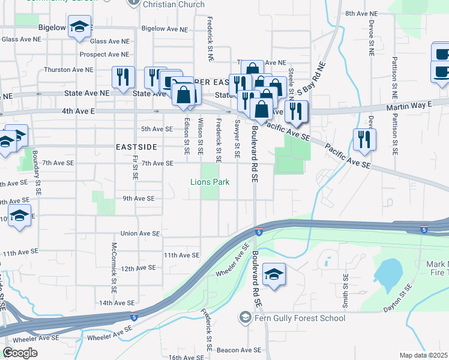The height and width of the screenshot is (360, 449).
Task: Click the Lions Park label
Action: pyautogui.click(x=210, y=182)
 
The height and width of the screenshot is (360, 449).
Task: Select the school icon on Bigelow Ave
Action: pyautogui.click(x=79, y=28)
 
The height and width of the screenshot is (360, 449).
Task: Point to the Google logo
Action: pyautogui.click(x=20, y=352)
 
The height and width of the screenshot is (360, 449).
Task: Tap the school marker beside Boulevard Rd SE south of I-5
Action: pyautogui.click(x=274, y=275)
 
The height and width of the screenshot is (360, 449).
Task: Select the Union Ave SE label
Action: pyautogui.click(x=140, y=233)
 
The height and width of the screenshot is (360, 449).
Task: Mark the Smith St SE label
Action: pyautogui.click(x=345, y=289)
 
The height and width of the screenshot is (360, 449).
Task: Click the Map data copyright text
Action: pyautogui.click(x=423, y=355)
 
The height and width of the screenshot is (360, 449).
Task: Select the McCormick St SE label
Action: pyautogui.click(x=113, y=263)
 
